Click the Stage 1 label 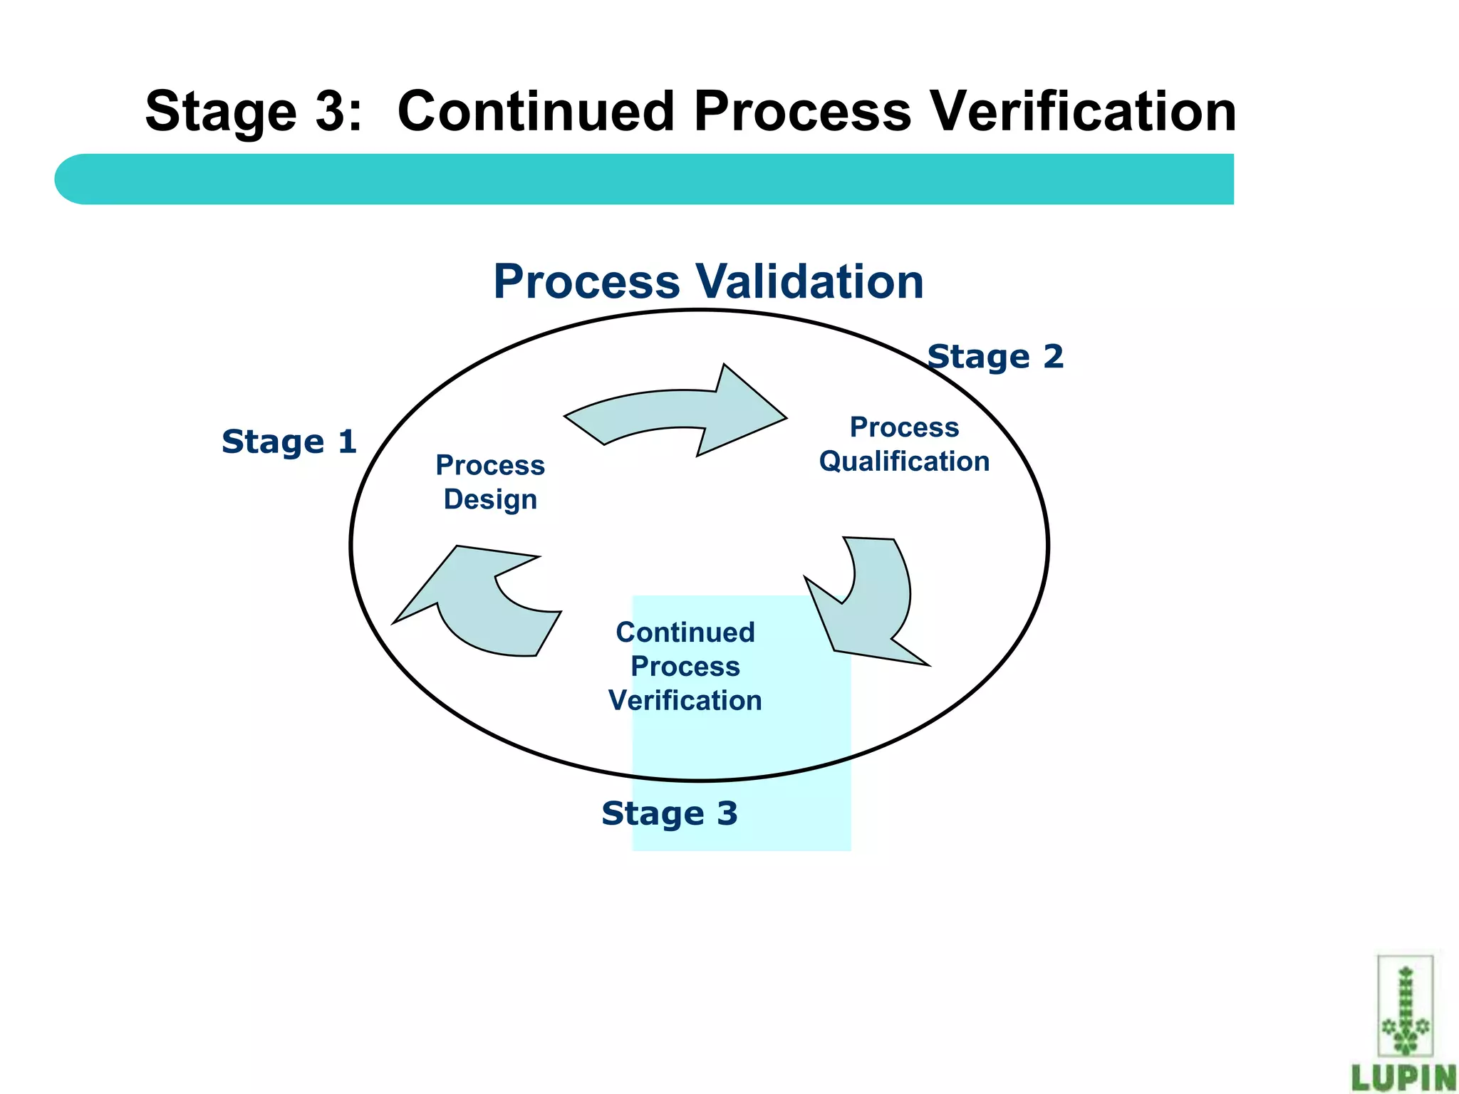pos(289,442)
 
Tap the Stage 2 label pos(995,357)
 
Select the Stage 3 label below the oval pos(670,813)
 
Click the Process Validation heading pos(708,281)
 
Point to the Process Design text pos(490,482)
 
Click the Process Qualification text pos(904,444)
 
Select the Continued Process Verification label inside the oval pos(685,667)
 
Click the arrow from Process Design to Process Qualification pos(677,413)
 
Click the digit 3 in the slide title pos(329,112)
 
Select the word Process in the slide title pos(803,112)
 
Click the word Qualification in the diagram pos(904,462)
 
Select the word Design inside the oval pos(490,499)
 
